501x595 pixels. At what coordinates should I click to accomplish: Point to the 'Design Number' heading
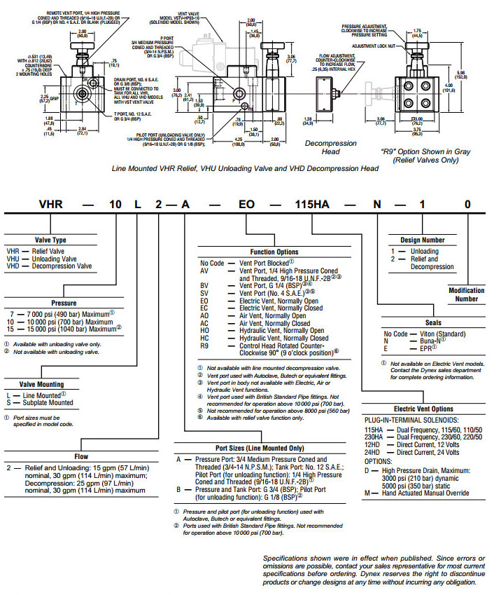click(422, 240)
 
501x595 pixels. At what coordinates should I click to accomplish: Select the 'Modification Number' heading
click(466, 294)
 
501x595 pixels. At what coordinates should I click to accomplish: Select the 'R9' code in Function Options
click(205, 346)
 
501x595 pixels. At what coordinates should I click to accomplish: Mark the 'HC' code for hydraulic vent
click(206, 338)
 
